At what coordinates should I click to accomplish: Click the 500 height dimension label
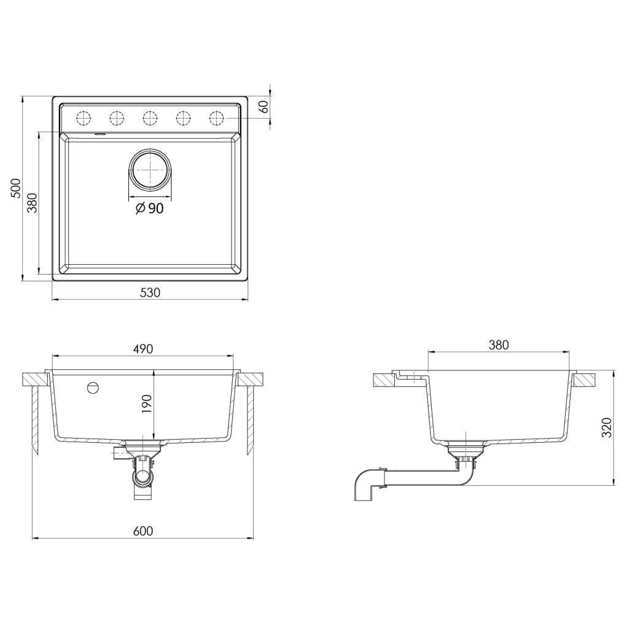coord(16,188)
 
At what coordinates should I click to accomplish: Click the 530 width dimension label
coord(150,293)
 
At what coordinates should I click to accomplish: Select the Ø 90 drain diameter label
coord(149,209)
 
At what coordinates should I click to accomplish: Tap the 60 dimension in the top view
coord(264,106)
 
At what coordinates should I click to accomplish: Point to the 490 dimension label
coord(143,349)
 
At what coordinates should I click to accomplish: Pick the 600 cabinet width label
coord(143,531)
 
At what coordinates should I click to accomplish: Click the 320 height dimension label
coord(607,427)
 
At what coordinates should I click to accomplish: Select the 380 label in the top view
coord(33,203)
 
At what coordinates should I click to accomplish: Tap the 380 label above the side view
coord(499,345)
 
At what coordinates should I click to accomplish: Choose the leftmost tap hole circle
coord(84,117)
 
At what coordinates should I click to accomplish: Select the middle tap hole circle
coord(150,117)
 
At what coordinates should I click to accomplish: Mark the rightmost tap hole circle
coord(217,117)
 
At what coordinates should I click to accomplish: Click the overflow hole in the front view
coord(93,388)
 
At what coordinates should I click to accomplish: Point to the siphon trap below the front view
coord(143,477)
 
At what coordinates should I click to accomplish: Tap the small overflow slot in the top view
coord(100,133)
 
